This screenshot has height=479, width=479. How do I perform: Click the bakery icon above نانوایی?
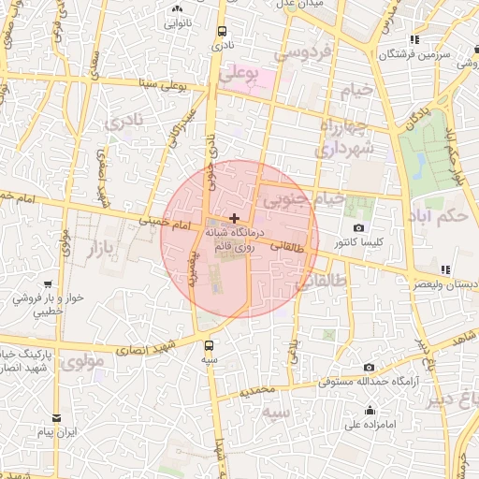[x=177, y=9]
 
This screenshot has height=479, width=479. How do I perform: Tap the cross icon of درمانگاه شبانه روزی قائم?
[x=233, y=217]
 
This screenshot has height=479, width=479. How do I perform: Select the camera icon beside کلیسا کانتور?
[x=358, y=228]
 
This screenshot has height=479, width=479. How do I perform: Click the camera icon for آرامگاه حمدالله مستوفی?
[x=370, y=368]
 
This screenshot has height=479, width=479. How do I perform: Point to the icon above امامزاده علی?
[x=371, y=410]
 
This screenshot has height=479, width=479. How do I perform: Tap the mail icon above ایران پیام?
[x=57, y=417]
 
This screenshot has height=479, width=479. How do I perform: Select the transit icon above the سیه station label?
[x=209, y=344]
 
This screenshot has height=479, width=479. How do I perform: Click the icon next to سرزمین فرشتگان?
[x=414, y=40]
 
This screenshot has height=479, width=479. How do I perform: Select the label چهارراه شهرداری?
[x=345, y=137]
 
